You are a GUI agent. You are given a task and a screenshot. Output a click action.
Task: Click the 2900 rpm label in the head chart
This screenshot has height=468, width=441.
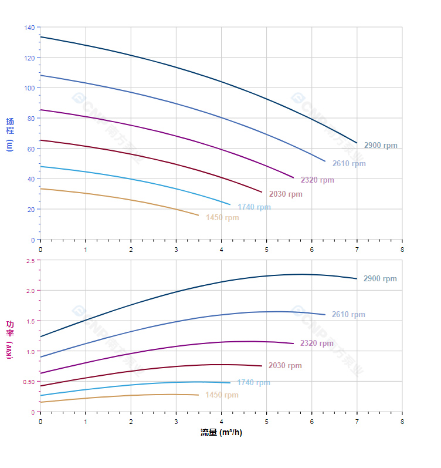point(380,146)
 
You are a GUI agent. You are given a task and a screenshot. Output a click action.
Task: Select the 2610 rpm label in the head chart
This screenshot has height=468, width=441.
point(348,164)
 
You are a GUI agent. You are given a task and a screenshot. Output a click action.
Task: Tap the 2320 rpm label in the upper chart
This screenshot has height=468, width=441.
point(317,180)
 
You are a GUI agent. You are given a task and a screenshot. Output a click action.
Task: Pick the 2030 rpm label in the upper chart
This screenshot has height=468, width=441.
point(285,194)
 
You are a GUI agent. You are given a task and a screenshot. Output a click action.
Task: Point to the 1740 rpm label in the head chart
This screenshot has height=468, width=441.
point(253,207)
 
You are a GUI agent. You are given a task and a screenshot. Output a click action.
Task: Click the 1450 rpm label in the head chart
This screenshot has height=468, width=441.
point(222,218)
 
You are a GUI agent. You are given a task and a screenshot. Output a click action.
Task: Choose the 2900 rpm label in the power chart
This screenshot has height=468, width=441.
point(379,279)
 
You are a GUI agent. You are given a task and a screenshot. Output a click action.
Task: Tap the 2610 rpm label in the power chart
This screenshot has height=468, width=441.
point(348,315)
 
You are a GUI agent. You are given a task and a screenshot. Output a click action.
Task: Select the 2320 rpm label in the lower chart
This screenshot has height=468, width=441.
point(316,344)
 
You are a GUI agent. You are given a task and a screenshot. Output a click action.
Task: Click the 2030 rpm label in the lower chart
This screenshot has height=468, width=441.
point(284,366)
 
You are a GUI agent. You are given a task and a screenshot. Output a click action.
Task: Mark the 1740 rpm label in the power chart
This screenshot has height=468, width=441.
point(253,383)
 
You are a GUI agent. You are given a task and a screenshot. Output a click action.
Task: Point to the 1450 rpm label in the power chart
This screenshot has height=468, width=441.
point(221,395)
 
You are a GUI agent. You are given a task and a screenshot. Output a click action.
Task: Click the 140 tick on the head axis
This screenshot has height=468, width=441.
point(29,28)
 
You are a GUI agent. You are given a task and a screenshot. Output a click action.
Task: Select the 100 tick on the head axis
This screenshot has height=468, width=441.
point(29,88)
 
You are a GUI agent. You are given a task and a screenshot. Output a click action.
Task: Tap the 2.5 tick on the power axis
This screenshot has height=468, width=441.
point(30,260)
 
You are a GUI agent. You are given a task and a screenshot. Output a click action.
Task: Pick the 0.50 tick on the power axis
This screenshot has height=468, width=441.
point(29,382)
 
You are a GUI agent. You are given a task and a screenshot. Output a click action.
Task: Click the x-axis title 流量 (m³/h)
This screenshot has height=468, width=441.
point(221,433)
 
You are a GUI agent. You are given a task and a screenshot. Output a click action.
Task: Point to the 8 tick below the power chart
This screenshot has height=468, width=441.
point(402,422)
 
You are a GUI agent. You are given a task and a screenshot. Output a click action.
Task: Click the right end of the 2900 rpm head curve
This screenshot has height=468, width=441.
point(357,143)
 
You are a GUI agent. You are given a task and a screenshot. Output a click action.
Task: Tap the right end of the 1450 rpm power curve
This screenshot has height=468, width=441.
point(198,395)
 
